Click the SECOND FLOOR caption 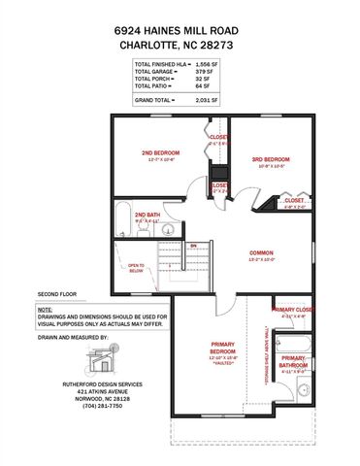coord(57,291)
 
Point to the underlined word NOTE coord(46,309)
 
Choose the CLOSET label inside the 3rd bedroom coord(294,200)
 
